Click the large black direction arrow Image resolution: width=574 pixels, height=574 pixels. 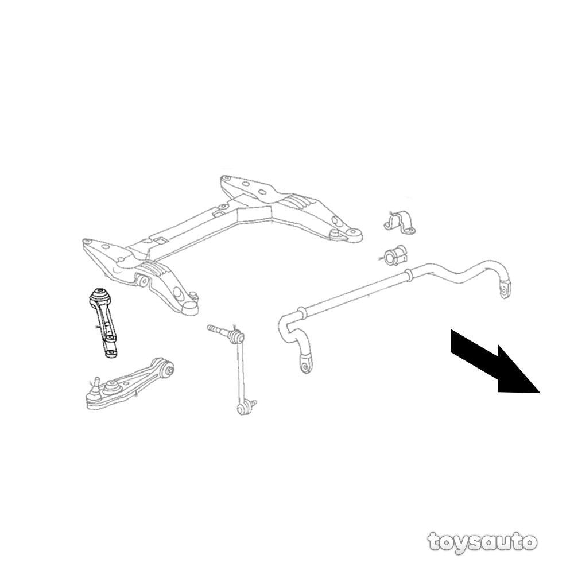click(x=495, y=360)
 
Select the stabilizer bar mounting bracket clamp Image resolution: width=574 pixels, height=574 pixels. click(x=400, y=222)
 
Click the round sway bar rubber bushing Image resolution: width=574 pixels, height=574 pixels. click(x=395, y=255)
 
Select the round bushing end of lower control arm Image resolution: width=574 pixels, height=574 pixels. click(x=169, y=369)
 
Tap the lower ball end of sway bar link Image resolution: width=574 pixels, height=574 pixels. click(x=243, y=408)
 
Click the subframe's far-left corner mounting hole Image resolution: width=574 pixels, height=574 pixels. click(x=87, y=242)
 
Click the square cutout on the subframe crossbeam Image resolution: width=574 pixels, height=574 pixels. click(x=159, y=241)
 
